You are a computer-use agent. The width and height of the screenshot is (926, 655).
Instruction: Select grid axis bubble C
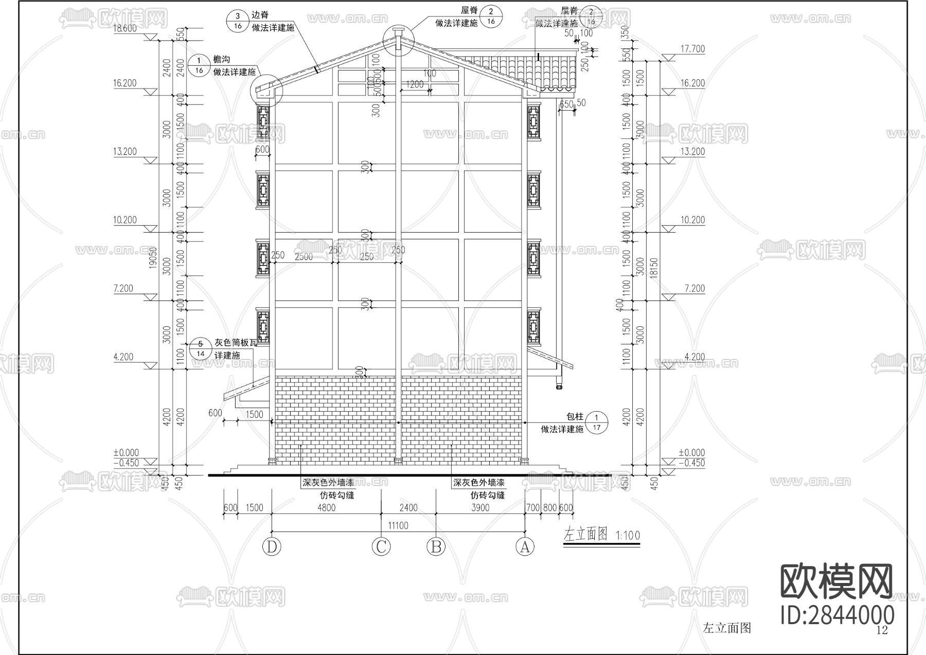(381, 546)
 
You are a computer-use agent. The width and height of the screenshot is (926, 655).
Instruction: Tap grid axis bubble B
(436, 546)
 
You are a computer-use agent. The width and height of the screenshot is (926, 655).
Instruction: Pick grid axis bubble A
(525, 546)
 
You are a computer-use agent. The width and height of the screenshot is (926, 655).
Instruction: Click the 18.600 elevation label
(125, 29)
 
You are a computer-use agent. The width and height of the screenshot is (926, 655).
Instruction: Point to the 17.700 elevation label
(692, 49)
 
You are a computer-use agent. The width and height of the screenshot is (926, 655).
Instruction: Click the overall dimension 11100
(398, 525)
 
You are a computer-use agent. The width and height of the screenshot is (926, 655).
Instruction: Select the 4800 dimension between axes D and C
(326, 508)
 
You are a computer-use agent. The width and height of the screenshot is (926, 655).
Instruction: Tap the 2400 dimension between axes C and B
(408, 508)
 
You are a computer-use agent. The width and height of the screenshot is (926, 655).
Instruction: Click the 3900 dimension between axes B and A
(480, 508)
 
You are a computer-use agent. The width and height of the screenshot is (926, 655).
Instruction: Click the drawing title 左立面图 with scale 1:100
(602, 535)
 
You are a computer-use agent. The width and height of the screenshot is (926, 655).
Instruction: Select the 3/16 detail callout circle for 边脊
(238, 21)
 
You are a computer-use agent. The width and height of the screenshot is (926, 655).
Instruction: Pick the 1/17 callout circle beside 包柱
(597, 422)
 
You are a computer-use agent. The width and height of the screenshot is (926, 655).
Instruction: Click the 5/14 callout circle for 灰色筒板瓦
(201, 348)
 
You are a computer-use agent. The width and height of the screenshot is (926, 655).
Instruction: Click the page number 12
(882, 630)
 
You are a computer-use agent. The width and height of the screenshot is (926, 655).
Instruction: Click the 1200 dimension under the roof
(414, 84)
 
